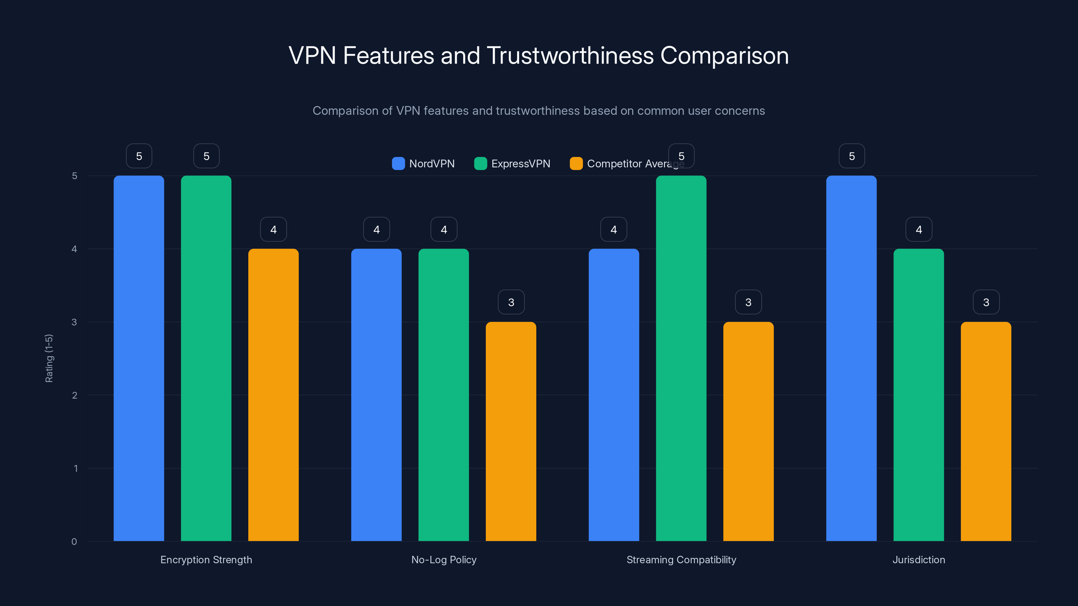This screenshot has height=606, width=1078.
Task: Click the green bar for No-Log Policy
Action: [444, 395]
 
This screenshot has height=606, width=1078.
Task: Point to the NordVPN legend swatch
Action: [398, 164]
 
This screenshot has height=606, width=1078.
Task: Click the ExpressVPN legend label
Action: [520, 164]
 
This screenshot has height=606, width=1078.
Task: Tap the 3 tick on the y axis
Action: [74, 322]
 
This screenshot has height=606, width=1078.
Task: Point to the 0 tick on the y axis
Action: [74, 542]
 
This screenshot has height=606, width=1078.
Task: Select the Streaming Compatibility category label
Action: [681, 560]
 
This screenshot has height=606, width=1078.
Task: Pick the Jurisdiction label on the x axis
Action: [919, 560]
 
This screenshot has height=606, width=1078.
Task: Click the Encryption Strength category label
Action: [206, 560]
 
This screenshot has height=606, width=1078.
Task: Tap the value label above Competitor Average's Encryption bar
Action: [273, 229]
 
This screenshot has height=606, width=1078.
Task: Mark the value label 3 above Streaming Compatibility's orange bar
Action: [748, 302]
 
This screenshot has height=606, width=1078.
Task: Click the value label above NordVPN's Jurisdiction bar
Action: [852, 156]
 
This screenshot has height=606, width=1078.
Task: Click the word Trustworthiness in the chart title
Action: [570, 56]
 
